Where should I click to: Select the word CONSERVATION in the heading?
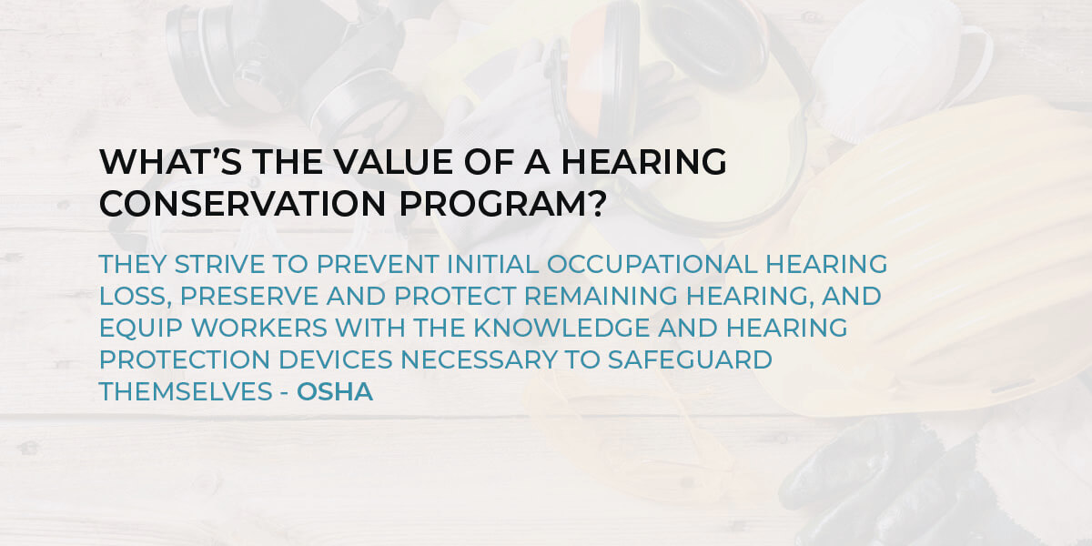click(x=243, y=203)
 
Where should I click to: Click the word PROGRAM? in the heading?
click(x=502, y=203)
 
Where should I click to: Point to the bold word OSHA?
click(x=335, y=392)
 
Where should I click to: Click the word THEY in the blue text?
click(x=133, y=264)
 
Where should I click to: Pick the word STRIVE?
click(x=219, y=264)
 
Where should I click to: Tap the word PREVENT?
click(x=378, y=264)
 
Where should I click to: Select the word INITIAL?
click(x=493, y=264)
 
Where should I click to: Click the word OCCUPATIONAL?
click(x=652, y=264)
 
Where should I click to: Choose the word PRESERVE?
click(x=249, y=297)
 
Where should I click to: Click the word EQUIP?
click(x=140, y=329)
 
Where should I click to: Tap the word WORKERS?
click(x=258, y=329)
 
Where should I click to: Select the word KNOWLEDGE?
click(x=561, y=329)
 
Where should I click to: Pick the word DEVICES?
click(x=336, y=359)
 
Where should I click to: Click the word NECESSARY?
click(x=479, y=359)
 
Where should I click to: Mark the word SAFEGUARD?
click(x=690, y=359)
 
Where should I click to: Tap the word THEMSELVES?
click(x=186, y=392)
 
